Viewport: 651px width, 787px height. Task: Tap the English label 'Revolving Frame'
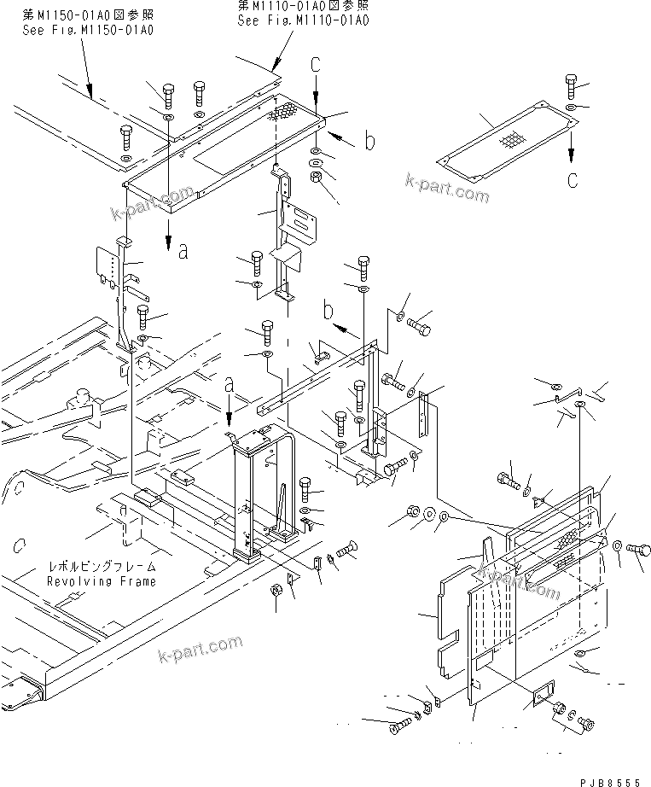[102, 581]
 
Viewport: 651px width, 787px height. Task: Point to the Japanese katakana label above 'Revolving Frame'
[102, 567]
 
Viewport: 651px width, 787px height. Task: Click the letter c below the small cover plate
[573, 180]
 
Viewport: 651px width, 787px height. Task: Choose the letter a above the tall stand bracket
[228, 384]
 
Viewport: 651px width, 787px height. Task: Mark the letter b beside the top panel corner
[369, 142]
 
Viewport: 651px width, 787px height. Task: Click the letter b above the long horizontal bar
[328, 306]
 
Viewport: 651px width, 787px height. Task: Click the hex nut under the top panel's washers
[315, 178]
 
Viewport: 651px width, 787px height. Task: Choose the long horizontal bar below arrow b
[316, 376]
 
